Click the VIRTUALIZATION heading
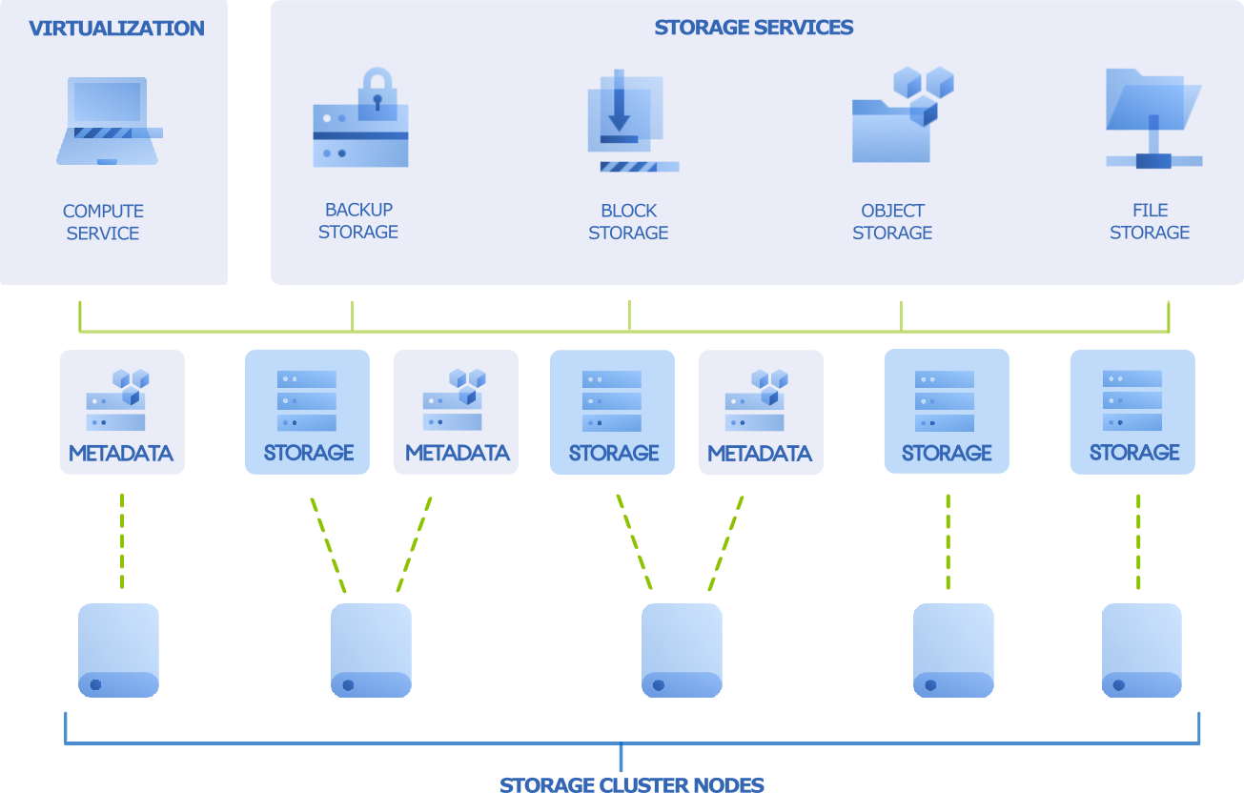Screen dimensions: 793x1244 116,29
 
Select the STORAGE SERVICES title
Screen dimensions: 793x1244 753,28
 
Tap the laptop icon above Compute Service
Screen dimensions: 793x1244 108,121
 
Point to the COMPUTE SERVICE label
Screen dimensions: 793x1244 103,222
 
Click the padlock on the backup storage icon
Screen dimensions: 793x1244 377,91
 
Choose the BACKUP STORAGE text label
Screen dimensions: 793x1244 358,220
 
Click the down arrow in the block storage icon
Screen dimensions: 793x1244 620,103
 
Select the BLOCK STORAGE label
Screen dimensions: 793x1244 628,222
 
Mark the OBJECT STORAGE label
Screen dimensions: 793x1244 892,222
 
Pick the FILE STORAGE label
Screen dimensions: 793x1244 1150,221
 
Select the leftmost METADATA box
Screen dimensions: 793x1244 122,412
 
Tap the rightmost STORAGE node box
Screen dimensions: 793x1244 1132,412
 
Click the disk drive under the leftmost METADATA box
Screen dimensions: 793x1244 118,650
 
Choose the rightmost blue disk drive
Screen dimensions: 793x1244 1142,650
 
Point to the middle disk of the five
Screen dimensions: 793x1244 682,650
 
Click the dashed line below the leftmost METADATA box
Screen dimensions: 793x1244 122,540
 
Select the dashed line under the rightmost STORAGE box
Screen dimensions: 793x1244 1139,540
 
